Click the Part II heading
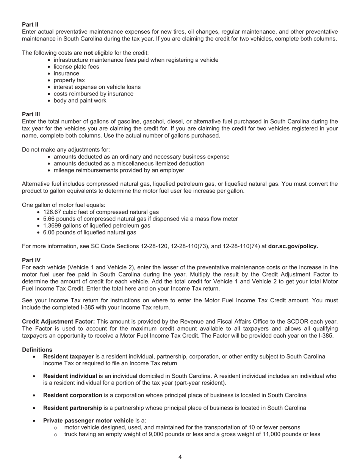(x=30, y=25)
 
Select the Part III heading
(x=31, y=114)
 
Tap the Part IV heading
(x=31, y=260)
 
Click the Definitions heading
(x=37, y=350)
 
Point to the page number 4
(x=180, y=457)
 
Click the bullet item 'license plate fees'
(x=76, y=67)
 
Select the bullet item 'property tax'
(x=69, y=80)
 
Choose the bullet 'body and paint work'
(x=80, y=100)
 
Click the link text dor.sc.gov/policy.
(x=293, y=246)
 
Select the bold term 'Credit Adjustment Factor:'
(x=58, y=322)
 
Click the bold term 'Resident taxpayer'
(x=68, y=357)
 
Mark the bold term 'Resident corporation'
(x=72, y=395)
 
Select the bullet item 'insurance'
(x=66, y=73)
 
